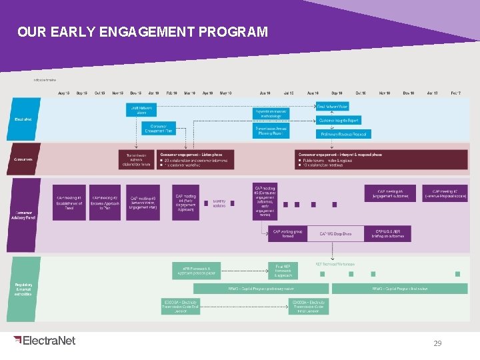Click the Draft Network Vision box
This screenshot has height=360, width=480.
point(141,109)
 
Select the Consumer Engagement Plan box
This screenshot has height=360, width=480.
point(158,129)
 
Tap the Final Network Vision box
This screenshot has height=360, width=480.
point(333,107)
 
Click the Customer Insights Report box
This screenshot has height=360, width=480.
point(339,121)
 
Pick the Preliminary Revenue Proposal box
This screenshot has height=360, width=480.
point(343,134)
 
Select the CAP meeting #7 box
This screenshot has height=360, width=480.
point(445,193)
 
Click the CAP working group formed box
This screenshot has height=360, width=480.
point(287,233)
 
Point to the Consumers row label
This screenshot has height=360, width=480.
point(25,159)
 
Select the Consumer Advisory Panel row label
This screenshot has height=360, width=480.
point(25,215)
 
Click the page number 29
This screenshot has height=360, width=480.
point(437,343)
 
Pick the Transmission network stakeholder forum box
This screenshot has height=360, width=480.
point(136,159)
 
